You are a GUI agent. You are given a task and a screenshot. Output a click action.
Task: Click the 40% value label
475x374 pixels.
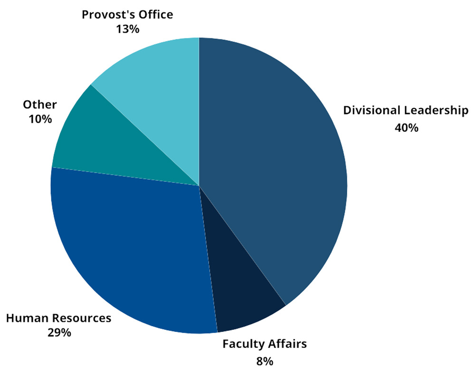(x=406, y=128)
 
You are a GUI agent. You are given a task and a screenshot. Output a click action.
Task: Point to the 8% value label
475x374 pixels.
(x=264, y=361)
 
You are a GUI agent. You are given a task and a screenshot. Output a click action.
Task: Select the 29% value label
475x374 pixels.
(x=59, y=332)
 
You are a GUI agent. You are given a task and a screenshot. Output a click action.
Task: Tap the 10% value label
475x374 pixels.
(x=40, y=119)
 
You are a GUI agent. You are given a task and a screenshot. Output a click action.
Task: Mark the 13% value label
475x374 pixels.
(x=127, y=29)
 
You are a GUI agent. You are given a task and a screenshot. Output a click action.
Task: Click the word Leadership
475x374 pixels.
(x=436, y=111)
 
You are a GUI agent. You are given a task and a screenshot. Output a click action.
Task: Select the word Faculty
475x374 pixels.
(x=243, y=344)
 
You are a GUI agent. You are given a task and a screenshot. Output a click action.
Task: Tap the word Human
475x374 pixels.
(x=27, y=318)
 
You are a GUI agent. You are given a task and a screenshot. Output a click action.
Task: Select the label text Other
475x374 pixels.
(x=40, y=104)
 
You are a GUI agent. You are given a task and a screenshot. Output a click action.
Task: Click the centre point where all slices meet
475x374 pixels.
(x=199, y=185)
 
